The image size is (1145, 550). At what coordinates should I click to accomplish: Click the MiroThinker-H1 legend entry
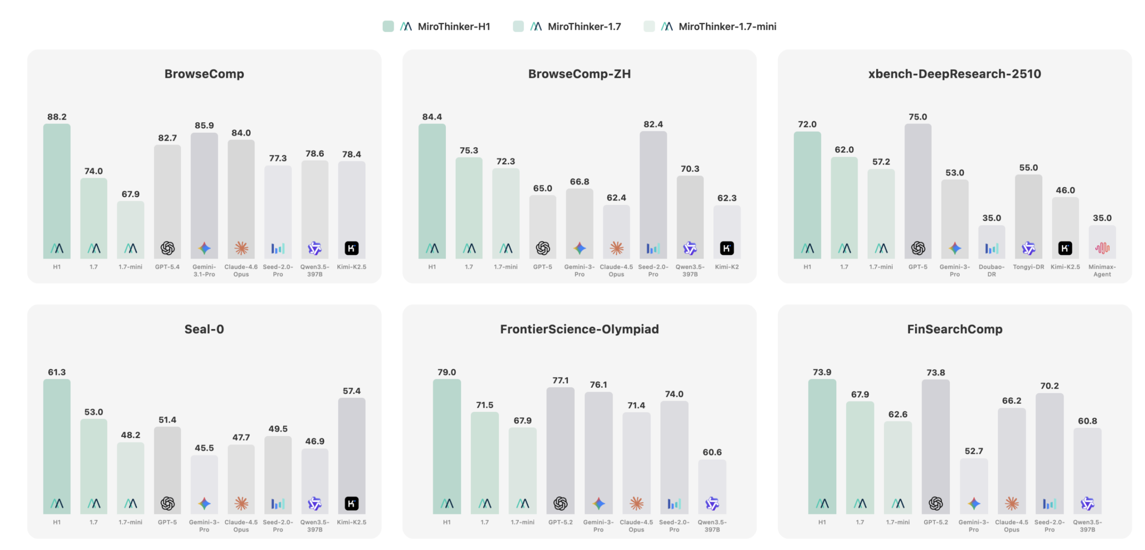(x=453, y=27)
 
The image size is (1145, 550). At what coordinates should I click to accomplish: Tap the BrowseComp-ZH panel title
(x=579, y=74)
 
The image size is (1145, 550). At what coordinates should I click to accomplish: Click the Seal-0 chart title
(x=204, y=329)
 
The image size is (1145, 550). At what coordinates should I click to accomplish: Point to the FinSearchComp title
(x=954, y=329)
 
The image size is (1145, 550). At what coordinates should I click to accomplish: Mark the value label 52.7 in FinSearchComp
(x=973, y=451)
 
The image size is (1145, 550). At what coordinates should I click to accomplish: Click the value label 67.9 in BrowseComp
(x=130, y=194)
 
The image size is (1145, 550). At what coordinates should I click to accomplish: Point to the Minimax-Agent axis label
(x=1102, y=271)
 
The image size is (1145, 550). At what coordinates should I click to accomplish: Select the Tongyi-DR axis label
(x=1028, y=267)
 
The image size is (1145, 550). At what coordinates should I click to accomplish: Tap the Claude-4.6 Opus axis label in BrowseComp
(x=241, y=271)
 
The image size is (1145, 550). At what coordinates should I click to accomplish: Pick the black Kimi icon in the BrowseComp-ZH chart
(x=726, y=248)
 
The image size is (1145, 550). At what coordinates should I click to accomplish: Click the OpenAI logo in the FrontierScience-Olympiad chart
(x=560, y=503)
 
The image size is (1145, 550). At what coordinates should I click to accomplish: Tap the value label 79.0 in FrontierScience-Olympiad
(x=446, y=372)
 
